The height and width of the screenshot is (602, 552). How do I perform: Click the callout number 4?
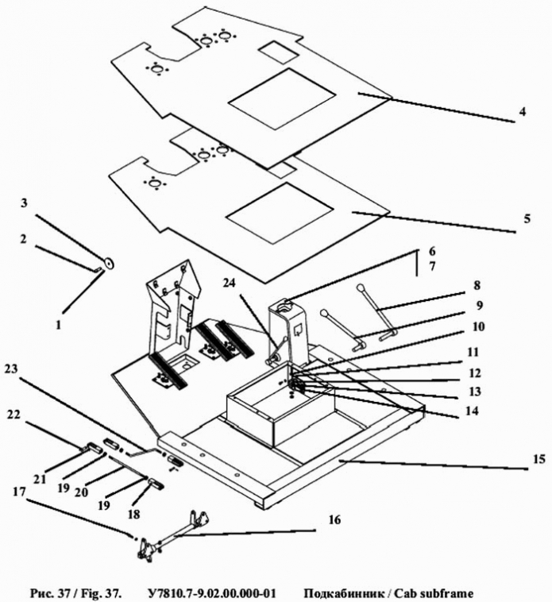[522, 112]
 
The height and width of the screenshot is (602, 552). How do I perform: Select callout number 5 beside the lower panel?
[527, 219]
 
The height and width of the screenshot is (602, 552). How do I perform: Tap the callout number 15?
[539, 459]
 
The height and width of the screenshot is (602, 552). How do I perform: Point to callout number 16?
[334, 520]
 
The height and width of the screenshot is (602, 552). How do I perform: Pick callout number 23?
[11, 369]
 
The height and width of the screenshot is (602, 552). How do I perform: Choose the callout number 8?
[477, 285]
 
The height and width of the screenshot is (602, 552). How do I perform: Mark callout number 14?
[472, 411]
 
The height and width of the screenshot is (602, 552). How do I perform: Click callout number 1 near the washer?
[58, 325]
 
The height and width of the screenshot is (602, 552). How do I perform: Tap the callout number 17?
[19, 492]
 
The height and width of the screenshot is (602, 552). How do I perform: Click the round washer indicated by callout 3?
[110, 263]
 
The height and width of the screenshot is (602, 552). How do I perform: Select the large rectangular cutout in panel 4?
[282, 98]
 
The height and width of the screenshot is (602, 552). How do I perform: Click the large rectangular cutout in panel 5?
[280, 213]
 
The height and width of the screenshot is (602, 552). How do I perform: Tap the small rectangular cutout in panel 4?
[277, 52]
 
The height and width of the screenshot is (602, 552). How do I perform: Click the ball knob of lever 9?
[325, 313]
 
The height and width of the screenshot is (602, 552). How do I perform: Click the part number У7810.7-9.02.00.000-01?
[211, 593]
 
